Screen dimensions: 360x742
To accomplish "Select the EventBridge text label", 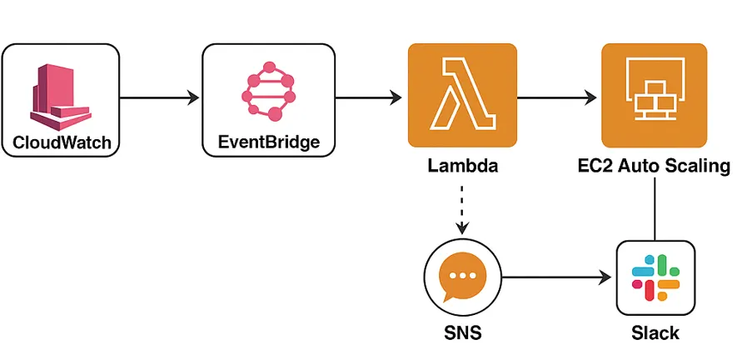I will (268, 142).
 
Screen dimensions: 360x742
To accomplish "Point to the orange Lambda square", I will (461, 97).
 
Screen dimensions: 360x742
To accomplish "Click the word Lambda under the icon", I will (462, 166).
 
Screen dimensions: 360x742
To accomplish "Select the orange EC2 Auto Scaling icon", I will (654, 97).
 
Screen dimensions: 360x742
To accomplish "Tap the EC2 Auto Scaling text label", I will (654, 166).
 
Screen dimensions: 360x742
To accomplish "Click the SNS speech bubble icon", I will (462, 279).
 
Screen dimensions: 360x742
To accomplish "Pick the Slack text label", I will (655, 334).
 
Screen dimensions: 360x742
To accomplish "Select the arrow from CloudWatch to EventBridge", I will (160, 97).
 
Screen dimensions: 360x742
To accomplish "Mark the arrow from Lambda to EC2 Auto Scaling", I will (557, 97).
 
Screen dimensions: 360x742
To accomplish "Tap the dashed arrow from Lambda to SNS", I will (462, 208).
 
